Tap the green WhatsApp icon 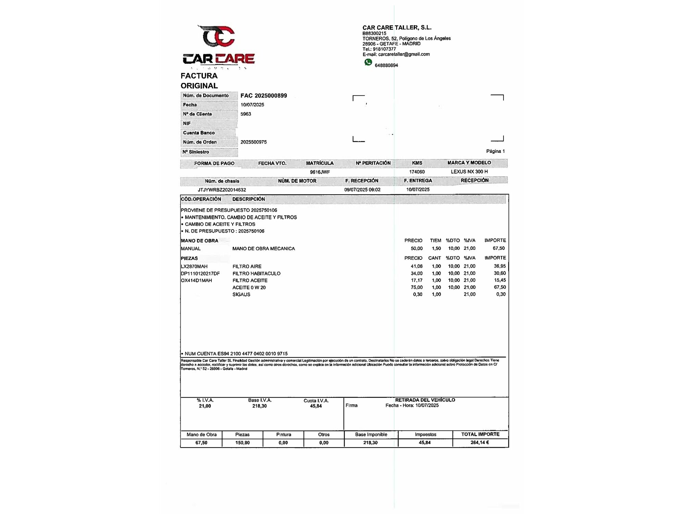click(x=368, y=62)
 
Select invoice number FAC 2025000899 click(x=264, y=96)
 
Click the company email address click(x=404, y=54)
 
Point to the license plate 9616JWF click(x=320, y=172)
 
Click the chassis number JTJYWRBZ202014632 click(x=222, y=190)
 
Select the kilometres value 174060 click(x=417, y=172)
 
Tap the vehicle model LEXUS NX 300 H click(x=469, y=172)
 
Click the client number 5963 click(x=246, y=114)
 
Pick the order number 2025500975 click(x=253, y=142)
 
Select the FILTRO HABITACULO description click(x=256, y=273)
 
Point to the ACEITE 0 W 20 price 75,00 click(x=416, y=287)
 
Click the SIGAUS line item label click(x=241, y=294)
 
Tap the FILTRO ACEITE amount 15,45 click(x=500, y=280)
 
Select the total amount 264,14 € click(x=480, y=443)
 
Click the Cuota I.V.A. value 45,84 click(x=316, y=406)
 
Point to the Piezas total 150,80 click(x=242, y=443)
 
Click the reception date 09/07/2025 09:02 click(x=362, y=189)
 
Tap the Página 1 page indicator click(x=495, y=151)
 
